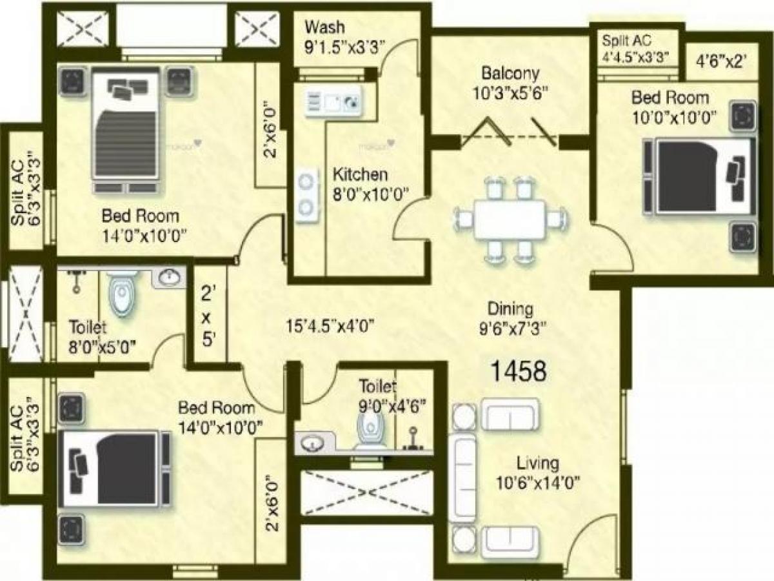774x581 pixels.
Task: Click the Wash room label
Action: coord(324,28)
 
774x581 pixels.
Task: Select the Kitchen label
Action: coord(360,174)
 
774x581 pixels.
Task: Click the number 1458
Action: coord(519,371)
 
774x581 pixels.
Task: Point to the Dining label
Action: coord(510,308)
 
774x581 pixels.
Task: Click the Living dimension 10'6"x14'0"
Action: coord(537,482)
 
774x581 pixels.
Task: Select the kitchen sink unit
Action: coord(333,102)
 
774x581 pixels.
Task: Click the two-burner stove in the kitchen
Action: coord(308,194)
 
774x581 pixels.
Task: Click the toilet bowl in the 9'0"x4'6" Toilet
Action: coord(370,429)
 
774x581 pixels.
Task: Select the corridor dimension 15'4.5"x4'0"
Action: coord(330,325)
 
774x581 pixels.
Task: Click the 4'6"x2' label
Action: coord(721,61)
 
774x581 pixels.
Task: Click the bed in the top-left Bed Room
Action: coord(126,132)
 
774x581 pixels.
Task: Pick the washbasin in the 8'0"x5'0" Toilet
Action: coord(170,278)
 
